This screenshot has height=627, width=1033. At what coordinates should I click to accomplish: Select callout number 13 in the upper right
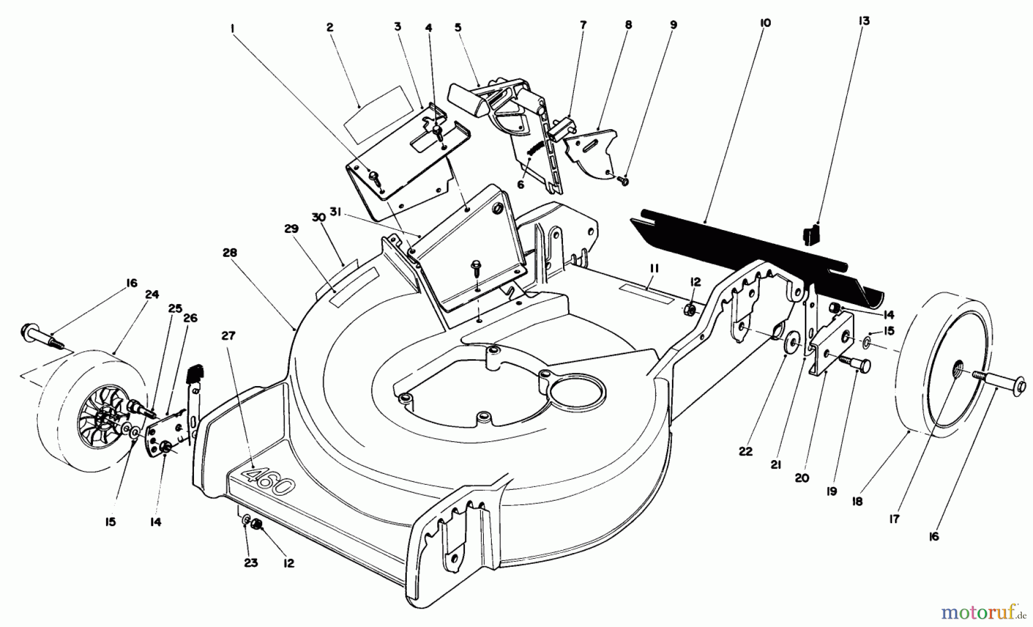coord(864,21)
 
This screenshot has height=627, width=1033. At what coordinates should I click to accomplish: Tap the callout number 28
coord(231,253)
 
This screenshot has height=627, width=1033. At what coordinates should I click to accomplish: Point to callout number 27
coord(228,336)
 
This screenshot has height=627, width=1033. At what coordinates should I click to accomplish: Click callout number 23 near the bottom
coord(251,563)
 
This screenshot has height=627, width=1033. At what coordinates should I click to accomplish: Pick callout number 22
coord(745,452)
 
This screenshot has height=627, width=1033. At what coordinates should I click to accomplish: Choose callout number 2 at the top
coord(329,27)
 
